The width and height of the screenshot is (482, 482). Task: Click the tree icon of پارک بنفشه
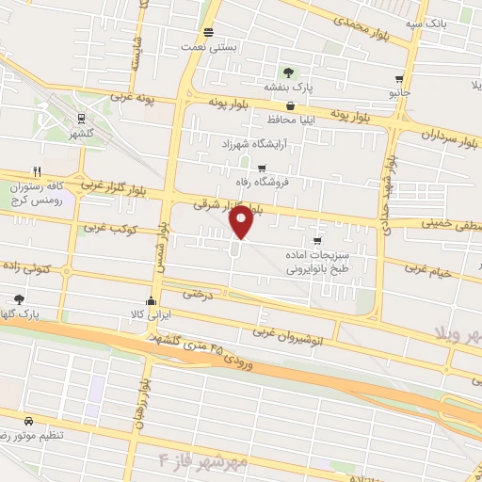tap(288, 72)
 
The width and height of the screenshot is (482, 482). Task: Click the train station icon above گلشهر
tap(81, 119)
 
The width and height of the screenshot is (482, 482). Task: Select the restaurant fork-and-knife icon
tap(37, 171)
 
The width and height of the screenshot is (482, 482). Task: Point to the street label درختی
tap(199, 293)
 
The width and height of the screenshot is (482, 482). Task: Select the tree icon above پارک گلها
tap(19, 299)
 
